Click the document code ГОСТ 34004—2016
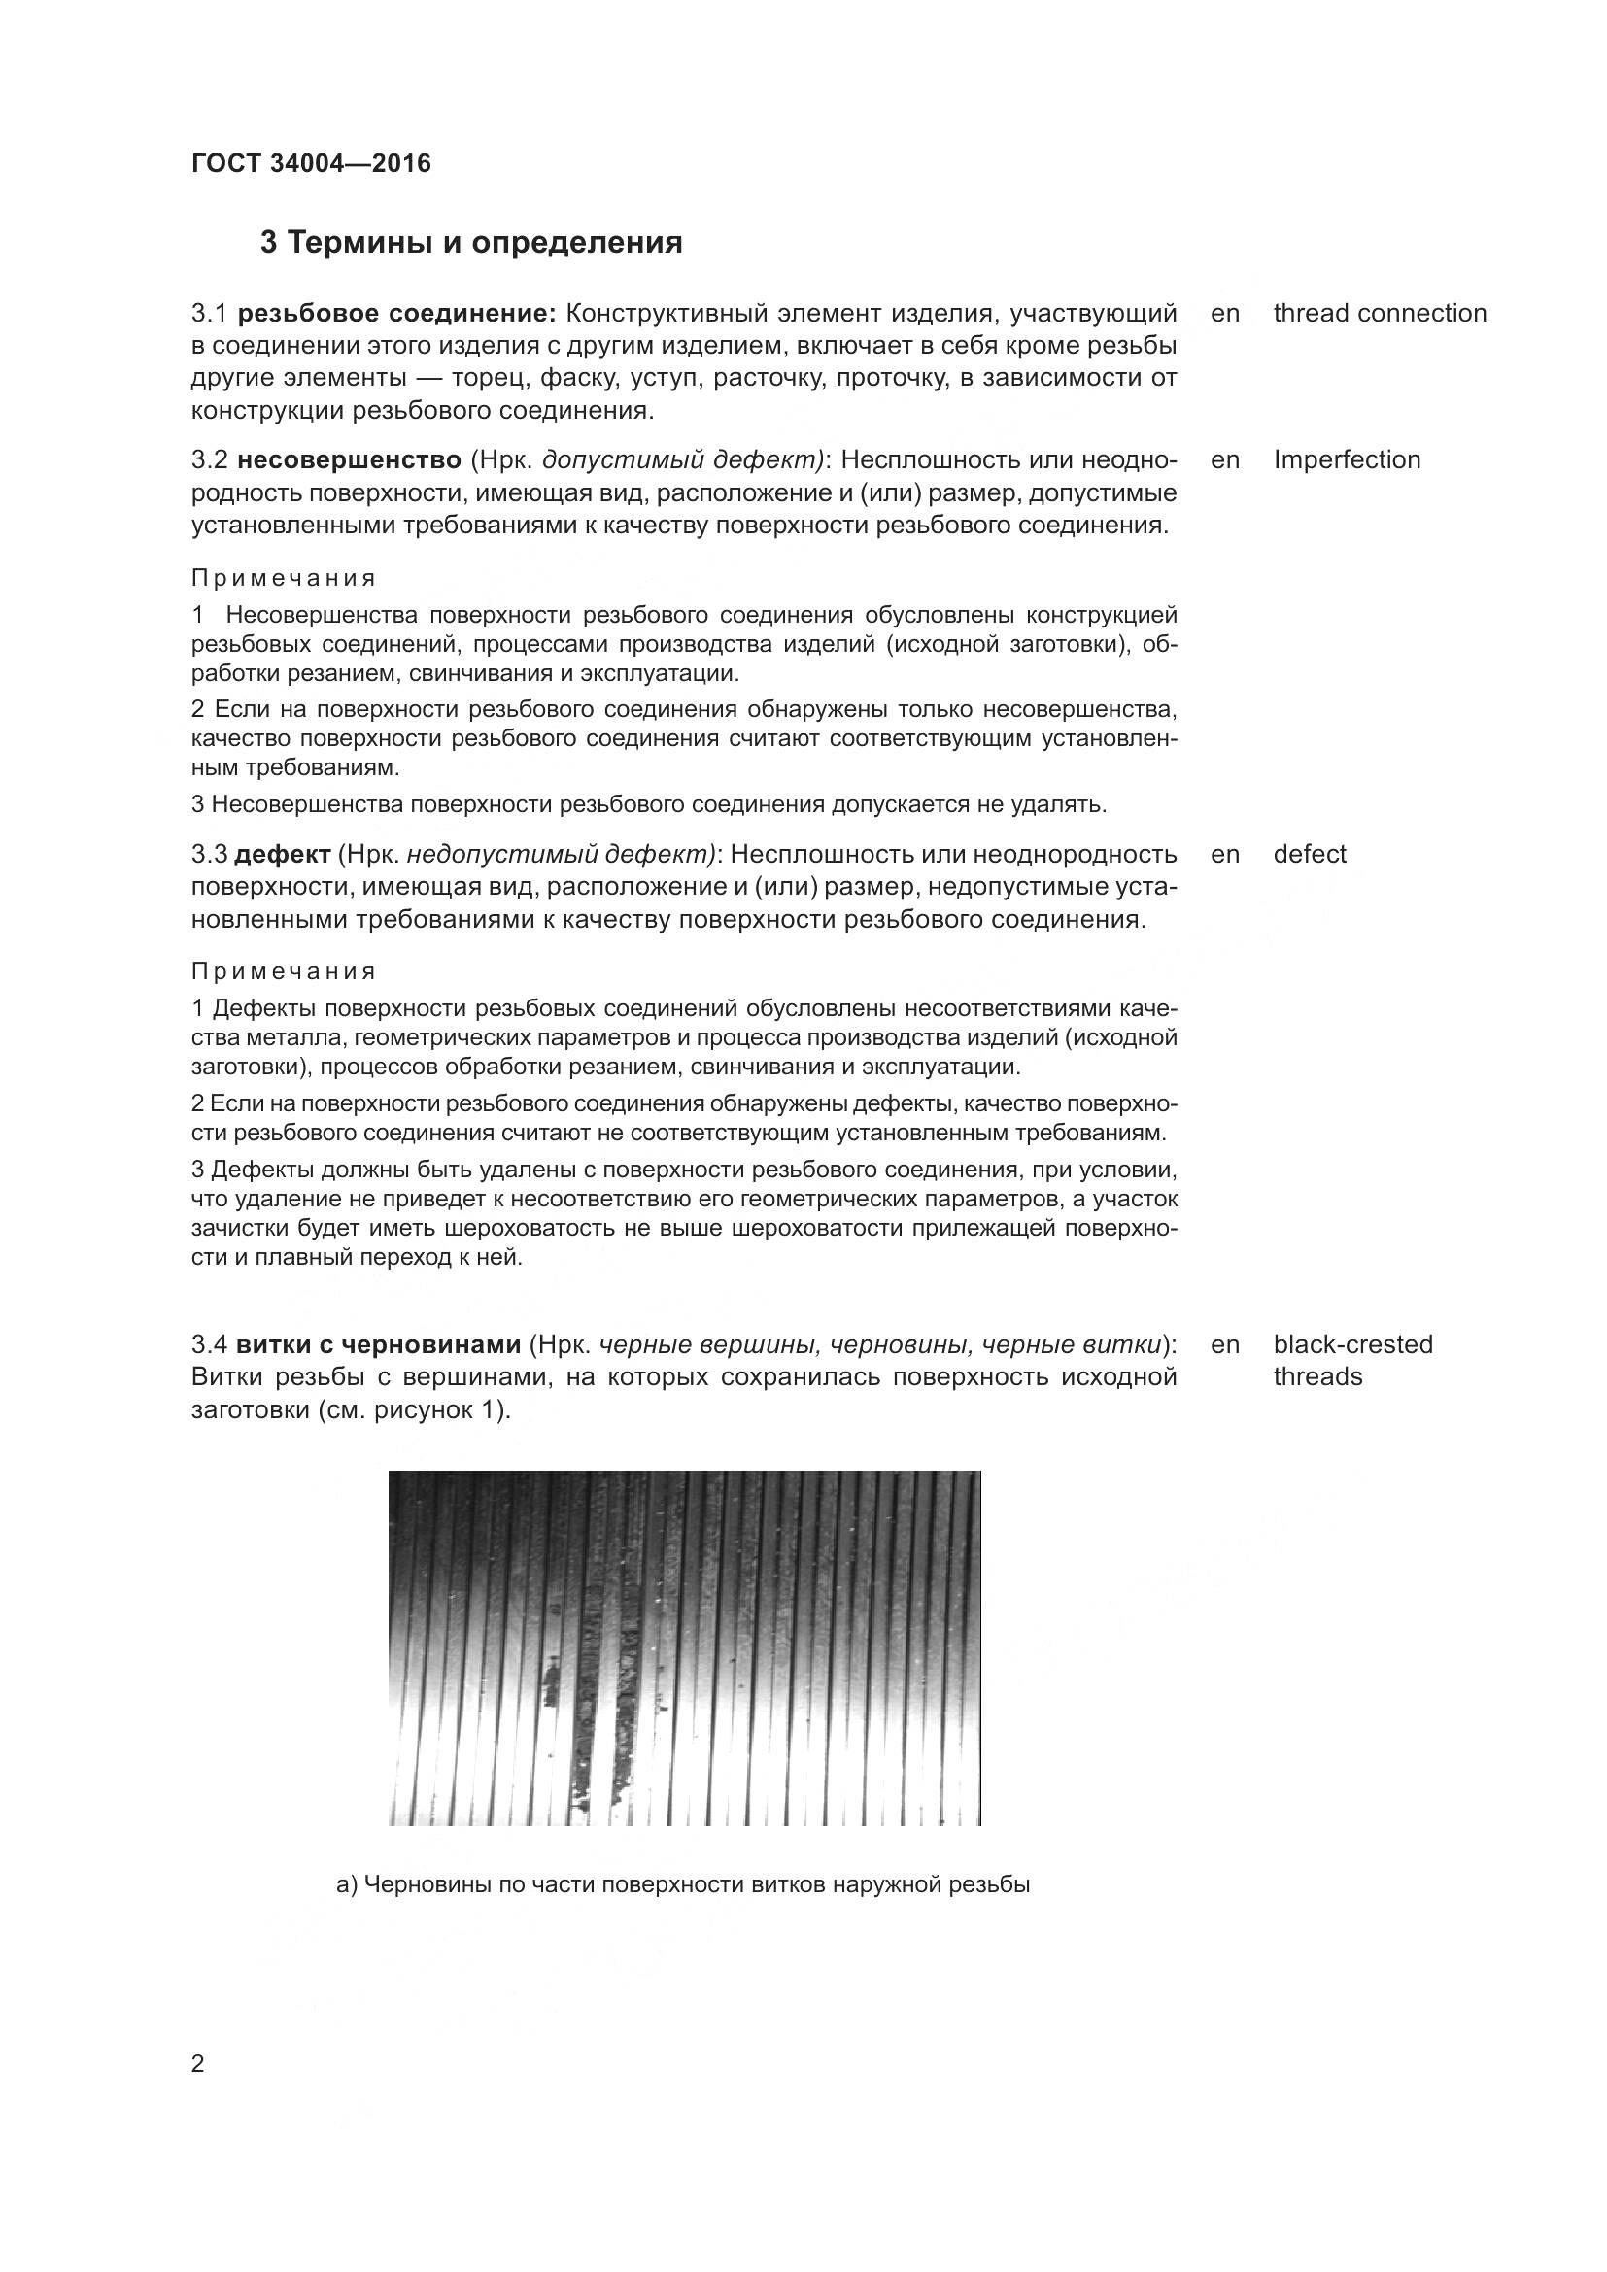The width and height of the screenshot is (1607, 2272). (x=311, y=163)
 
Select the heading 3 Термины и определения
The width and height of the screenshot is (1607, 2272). (x=471, y=243)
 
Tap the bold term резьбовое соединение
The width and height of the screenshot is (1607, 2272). (x=396, y=314)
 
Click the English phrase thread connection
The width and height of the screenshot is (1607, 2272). (x=1380, y=313)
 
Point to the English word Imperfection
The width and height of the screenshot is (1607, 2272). (x=1347, y=459)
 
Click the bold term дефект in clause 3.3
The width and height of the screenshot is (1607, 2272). (x=282, y=854)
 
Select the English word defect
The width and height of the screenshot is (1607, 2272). (x=1309, y=854)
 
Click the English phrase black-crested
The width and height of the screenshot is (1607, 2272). (x=1352, y=1343)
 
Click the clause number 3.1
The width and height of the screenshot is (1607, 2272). (x=209, y=314)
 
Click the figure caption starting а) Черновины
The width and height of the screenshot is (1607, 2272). (x=683, y=1885)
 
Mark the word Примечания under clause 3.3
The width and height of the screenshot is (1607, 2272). (x=284, y=970)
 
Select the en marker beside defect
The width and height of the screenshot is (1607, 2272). (x=1224, y=854)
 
